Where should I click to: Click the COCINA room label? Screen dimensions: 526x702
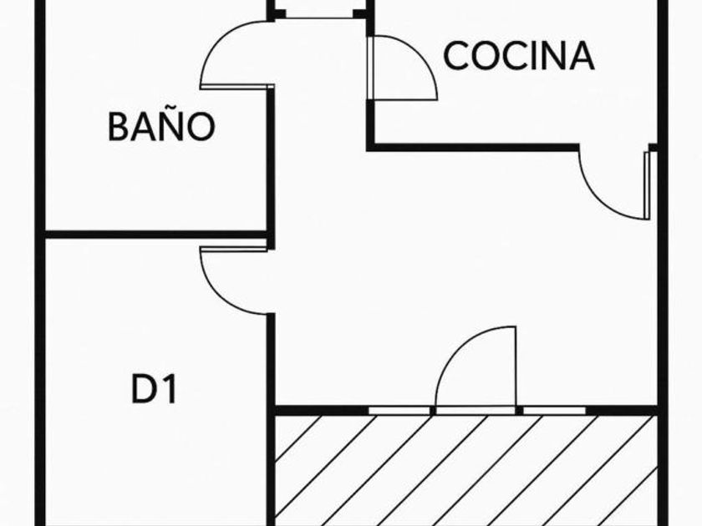click(x=518, y=56)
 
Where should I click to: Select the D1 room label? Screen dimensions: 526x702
click(x=155, y=389)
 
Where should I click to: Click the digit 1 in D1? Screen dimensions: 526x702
click(x=170, y=389)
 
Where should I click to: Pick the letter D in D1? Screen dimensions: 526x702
click(x=145, y=389)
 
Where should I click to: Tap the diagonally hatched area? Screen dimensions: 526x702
click(x=468, y=468)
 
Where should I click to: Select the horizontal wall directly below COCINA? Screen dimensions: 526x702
click(x=472, y=148)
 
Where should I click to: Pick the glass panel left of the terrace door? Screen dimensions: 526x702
click(x=401, y=410)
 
